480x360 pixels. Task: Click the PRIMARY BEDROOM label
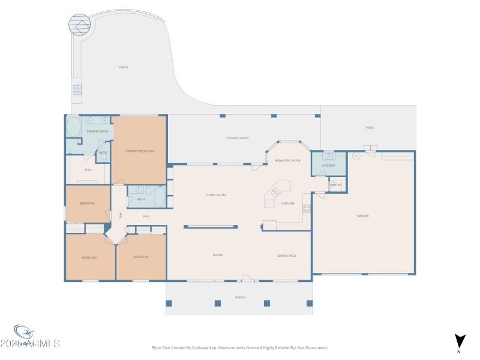140,151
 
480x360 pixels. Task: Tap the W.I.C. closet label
88,169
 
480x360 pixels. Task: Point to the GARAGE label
362,216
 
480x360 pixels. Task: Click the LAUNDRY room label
328,165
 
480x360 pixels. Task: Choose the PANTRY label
335,185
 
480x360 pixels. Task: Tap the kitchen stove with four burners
307,208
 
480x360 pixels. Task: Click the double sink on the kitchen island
276,193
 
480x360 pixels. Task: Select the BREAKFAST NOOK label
287,161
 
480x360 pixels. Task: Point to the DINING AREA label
286,256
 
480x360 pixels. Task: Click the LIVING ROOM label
215,195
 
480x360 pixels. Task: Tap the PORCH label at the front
240,298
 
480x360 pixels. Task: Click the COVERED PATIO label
237,138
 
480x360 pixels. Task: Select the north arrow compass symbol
460,340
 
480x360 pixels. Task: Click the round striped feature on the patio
79,25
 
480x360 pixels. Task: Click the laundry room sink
328,155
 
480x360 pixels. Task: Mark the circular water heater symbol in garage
356,157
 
